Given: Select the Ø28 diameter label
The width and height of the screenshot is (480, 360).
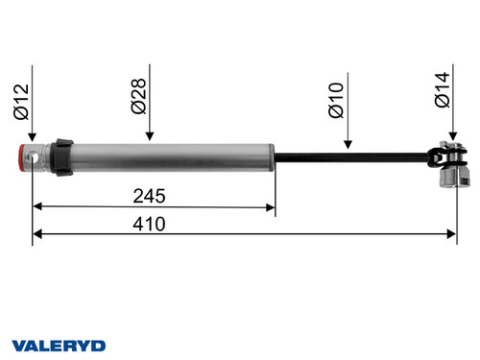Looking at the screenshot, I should pyautogui.click(x=138, y=96).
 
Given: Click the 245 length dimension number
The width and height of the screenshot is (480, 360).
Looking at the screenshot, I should pyautogui.click(x=150, y=196).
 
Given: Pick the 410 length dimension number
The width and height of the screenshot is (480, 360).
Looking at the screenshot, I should pyautogui.click(x=150, y=223).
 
